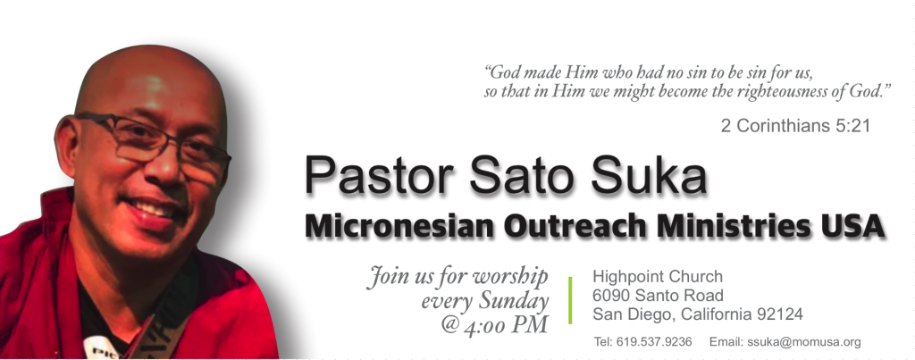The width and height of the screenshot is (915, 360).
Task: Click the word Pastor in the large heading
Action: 379,175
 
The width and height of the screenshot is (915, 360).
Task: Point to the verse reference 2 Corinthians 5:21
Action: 795,125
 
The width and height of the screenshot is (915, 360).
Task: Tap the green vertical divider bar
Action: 570,300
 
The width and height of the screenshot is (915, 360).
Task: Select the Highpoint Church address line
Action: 658,276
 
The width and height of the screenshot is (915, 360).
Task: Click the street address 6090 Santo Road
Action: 658,295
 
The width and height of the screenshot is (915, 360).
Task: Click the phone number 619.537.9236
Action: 654,342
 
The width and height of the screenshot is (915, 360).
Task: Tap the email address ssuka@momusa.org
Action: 803,342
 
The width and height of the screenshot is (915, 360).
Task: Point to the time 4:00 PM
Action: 506,325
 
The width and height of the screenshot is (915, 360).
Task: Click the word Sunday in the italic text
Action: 514,301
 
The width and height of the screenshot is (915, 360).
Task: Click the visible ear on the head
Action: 66,146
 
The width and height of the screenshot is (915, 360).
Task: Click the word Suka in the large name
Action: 649,175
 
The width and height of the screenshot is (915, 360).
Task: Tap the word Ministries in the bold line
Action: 734,226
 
